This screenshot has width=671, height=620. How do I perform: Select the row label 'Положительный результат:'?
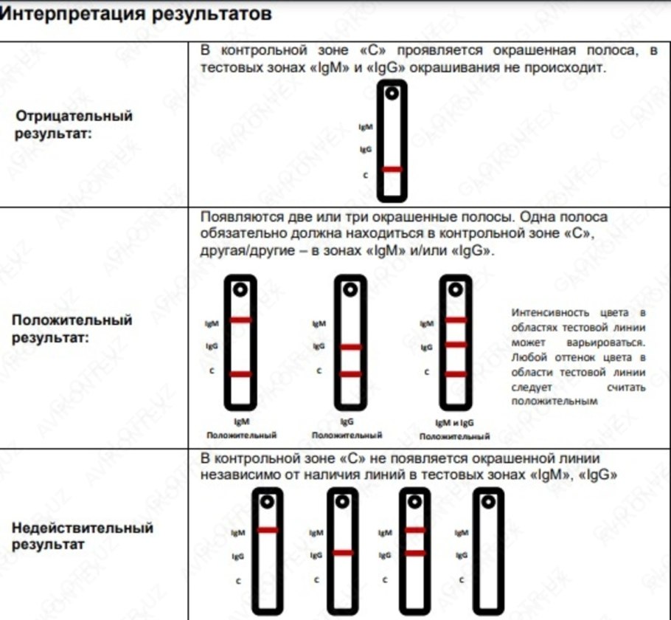click(x=72, y=329)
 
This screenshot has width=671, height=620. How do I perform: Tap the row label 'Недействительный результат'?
click(x=83, y=537)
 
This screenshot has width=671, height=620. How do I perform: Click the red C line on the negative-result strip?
click(x=392, y=170)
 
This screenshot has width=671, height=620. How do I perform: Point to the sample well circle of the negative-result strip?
click(x=392, y=93)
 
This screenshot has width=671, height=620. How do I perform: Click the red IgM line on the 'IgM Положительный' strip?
click(x=240, y=320)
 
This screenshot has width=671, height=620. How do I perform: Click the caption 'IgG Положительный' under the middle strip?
click(x=347, y=428)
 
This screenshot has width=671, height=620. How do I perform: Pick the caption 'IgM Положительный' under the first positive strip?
click(x=241, y=428)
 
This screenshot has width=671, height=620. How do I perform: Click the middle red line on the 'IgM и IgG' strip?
click(x=456, y=345)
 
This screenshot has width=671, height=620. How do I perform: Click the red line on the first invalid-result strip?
click(x=268, y=530)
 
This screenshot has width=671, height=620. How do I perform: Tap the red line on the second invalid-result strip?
click(x=342, y=552)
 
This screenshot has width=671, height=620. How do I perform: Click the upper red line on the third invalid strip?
click(x=415, y=530)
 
